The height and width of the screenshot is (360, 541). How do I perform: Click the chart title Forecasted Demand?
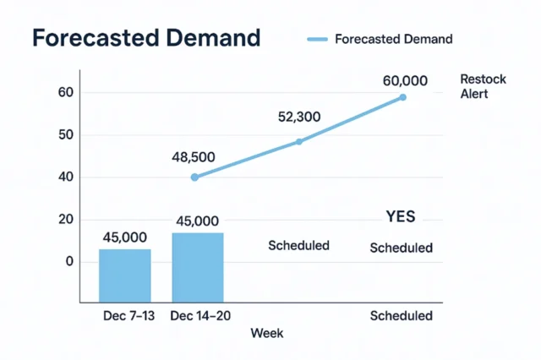coord(145,39)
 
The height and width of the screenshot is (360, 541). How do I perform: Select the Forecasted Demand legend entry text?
coord(393,39)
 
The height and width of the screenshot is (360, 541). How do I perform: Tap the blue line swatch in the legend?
coord(316,39)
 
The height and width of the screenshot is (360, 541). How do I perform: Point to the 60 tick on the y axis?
coord(63,92)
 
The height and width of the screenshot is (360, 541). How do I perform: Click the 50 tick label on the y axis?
coord(63,135)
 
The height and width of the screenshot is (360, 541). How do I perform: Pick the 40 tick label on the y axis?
coord(63,177)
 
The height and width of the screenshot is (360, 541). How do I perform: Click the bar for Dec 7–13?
coord(125,275)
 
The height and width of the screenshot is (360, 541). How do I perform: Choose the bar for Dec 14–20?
coord(198,267)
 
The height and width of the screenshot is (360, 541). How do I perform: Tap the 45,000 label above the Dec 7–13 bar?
coord(126,237)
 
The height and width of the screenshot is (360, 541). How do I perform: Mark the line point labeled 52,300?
coord(299,141)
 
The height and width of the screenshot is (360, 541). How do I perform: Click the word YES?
coord(401,217)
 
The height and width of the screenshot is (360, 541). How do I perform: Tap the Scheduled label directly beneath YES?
coord(402,248)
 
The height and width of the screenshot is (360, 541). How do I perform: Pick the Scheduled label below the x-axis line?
coord(402,316)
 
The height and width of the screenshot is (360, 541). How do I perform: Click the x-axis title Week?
coord(267,334)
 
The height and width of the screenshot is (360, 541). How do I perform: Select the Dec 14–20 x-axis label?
coord(199,316)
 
